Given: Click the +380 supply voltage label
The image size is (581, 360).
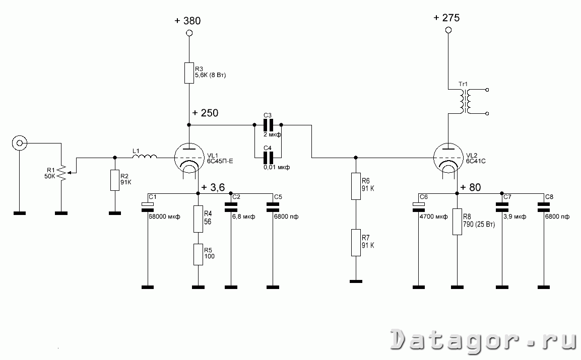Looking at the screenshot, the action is [188, 21].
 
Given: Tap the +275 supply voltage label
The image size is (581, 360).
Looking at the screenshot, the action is [447, 18].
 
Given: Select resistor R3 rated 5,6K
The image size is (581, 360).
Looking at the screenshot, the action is [189, 73].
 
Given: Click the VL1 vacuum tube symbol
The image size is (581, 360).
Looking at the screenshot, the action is [189, 158].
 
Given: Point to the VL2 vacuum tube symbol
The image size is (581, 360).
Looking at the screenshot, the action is [448, 158].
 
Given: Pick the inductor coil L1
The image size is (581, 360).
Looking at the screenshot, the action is [145, 157].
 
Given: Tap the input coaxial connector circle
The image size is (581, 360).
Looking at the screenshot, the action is [19, 143].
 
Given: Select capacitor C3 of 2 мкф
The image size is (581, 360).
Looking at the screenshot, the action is [268, 125].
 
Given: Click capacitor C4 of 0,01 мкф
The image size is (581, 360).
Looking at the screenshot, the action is [268, 158].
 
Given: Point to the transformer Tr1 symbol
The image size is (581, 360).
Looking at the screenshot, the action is [464, 101].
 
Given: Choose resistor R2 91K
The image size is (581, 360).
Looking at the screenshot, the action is [115, 180].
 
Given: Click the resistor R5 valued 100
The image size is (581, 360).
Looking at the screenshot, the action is [198, 254].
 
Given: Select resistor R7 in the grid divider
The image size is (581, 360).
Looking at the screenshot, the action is [356, 243].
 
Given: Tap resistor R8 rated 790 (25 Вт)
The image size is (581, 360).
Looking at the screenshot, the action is [457, 222].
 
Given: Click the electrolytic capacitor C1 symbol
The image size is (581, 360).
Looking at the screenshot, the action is [148, 207].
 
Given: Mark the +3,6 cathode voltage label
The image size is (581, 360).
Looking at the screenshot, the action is [213, 187].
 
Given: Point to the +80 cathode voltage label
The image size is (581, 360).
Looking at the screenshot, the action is [471, 187].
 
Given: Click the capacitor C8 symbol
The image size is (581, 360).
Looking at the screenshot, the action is [544, 207].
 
